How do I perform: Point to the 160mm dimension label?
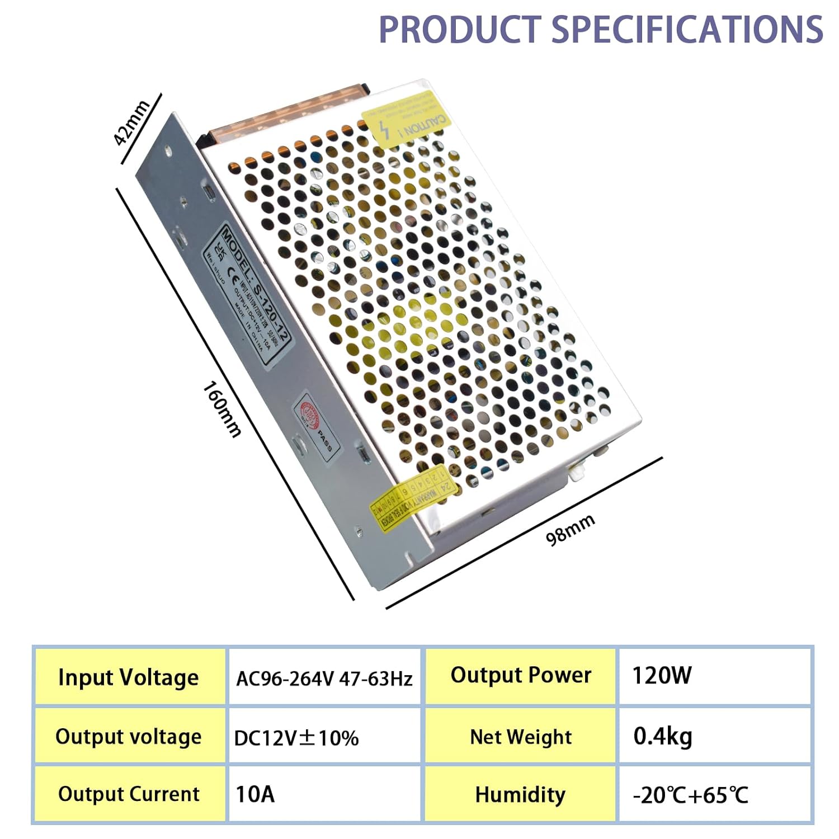[222, 409]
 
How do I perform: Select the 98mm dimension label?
[570, 530]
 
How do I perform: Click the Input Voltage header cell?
[129, 677]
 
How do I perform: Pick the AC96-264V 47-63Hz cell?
[324, 678]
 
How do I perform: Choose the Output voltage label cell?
[129, 737]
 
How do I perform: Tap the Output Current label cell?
[129, 794]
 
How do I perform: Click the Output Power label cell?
[521, 675]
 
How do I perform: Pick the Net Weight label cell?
[521, 737]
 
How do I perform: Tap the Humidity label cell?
[520, 794]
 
